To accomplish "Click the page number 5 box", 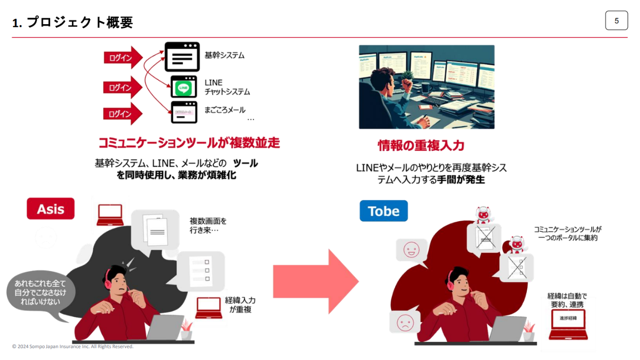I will click(x=616, y=21).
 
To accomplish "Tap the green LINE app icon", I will click(x=184, y=88).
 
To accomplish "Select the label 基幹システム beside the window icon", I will click(x=224, y=55).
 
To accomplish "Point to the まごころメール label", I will click(x=225, y=110).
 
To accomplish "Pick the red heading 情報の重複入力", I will click(x=421, y=145).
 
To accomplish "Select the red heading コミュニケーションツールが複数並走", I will click(x=189, y=143).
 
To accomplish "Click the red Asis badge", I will click(x=51, y=209).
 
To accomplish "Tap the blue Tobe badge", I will click(x=384, y=211).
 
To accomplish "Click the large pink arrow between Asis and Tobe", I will click(x=315, y=281).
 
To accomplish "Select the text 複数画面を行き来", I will click(x=208, y=226).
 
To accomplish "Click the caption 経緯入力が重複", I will click(x=240, y=304).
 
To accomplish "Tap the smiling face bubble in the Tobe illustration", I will click(x=411, y=250).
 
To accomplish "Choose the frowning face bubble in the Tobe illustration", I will click(x=405, y=322).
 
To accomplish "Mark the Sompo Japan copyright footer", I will click(x=73, y=347).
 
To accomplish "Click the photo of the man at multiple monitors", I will click(x=426, y=87).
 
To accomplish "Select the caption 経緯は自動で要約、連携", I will click(x=567, y=300).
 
